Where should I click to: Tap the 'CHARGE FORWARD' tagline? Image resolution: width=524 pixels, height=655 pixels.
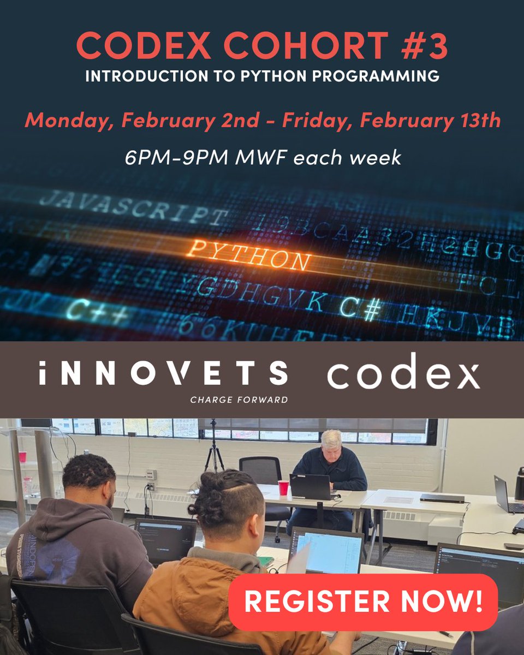point(239,400)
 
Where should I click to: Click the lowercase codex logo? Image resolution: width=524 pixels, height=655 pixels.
point(403,372)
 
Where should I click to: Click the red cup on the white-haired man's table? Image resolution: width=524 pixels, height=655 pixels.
point(283,487)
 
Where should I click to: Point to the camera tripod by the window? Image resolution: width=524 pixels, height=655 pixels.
point(213,448)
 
